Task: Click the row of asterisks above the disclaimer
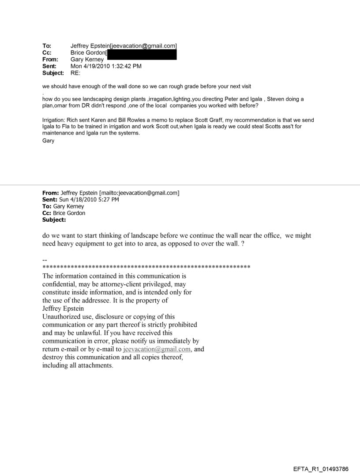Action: point(146,267)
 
